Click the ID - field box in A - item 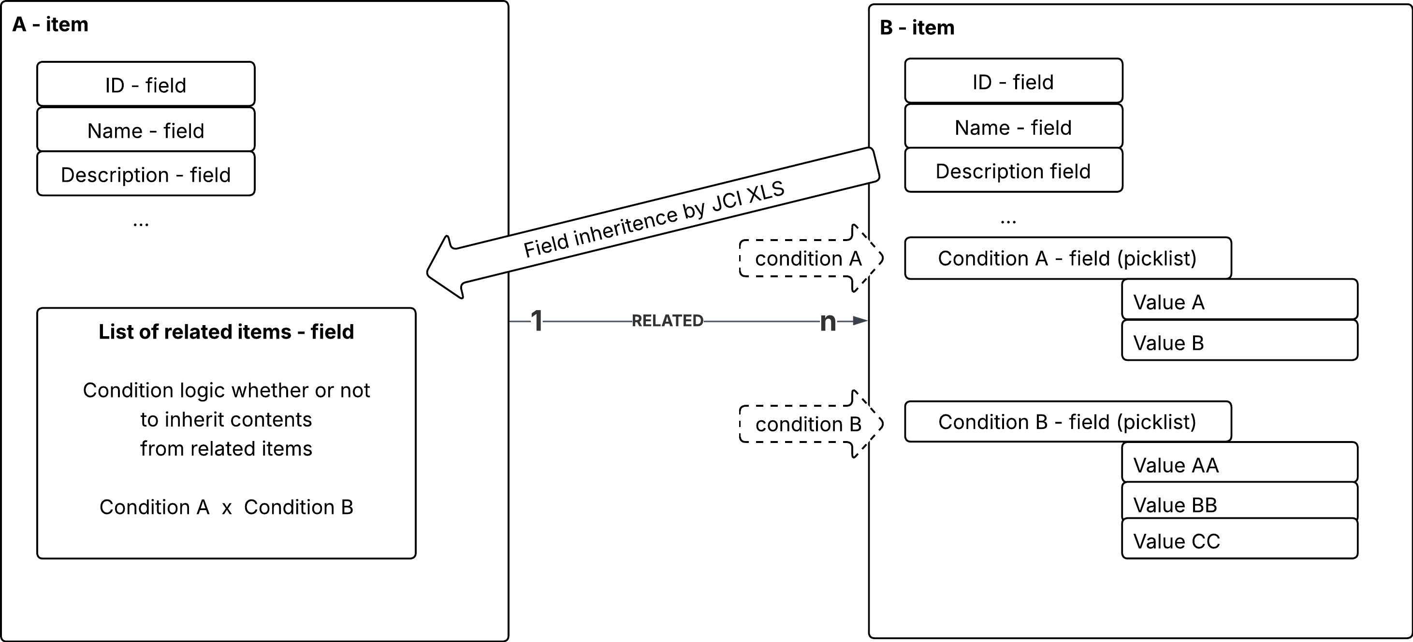click(x=146, y=84)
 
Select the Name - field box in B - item click(x=1013, y=127)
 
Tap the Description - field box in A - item click(x=146, y=174)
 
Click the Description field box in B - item click(x=1013, y=171)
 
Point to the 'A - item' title click(x=50, y=24)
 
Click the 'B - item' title click(x=917, y=28)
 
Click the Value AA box click(x=1238, y=464)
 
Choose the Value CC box click(x=1238, y=540)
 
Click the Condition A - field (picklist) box click(x=1067, y=257)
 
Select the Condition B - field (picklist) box click(x=1067, y=421)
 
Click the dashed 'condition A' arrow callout click(x=808, y=258)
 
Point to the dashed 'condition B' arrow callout click(x=808, y=424)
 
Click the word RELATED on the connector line click(x=667, y=320)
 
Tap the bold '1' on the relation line click(x=537, y=321)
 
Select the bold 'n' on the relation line click(x=828, y=321)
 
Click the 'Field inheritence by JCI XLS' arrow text click(x=654, y=219)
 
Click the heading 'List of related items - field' click(x=226, y=332)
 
